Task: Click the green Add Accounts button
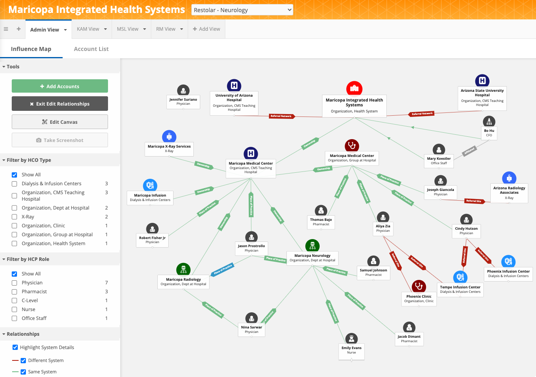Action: (x=60, y=86)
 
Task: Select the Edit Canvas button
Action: (x=60, y=122)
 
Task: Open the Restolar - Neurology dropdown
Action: (x=242, y=10)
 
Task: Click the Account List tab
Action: (x=91, y=49)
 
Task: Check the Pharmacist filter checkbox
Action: (x=15, y=292)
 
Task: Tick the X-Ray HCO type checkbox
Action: (x=15, y=217)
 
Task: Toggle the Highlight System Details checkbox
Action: (x=15, y=347)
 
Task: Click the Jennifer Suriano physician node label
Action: (x=183, y=102)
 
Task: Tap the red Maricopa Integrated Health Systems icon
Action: (x=354, y=88)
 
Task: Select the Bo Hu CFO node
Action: (x=489, y=133)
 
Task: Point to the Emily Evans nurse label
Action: (x=352, y=350)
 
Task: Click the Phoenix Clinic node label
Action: (x=419, y=299)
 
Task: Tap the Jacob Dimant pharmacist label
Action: (x=409, y=339)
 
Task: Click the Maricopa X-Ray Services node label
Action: (x=169, y=148)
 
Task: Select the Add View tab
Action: (x=207, y=29)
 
